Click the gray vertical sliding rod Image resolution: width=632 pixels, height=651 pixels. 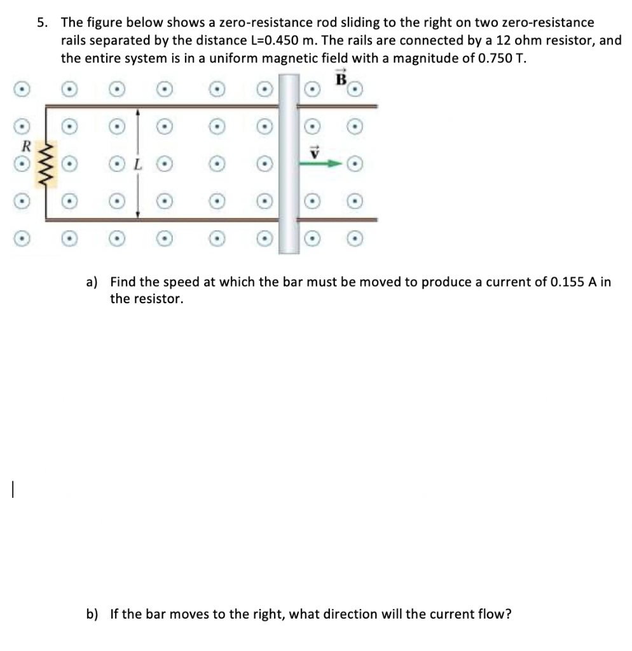coord(289,163)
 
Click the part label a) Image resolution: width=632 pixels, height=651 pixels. coord(92,282)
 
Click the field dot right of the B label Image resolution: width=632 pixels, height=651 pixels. coord(357,90)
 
